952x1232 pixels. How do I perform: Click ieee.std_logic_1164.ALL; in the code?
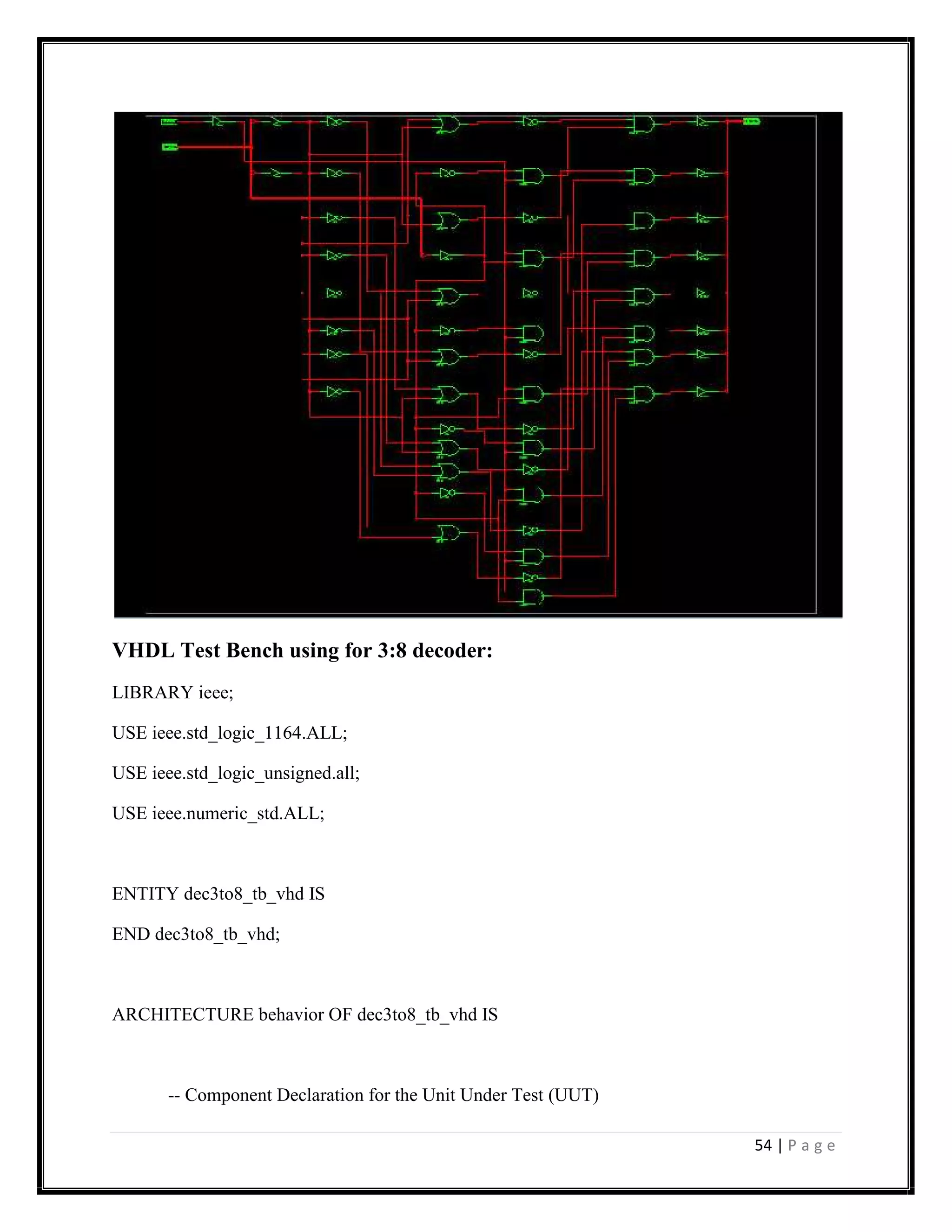click(249, 733)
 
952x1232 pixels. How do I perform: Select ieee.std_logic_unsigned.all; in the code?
click(256, 773)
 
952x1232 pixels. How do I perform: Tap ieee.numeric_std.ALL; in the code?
click(238, 814)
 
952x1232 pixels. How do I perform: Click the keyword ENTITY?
click(145, 894)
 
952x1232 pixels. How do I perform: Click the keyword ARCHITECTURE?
click(183, 1015)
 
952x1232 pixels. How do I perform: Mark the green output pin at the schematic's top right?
click(751, 121)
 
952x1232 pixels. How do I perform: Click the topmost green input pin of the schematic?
click(169, 121)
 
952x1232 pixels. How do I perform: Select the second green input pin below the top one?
click(170, 147)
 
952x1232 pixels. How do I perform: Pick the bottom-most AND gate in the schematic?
click(532, 597)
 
